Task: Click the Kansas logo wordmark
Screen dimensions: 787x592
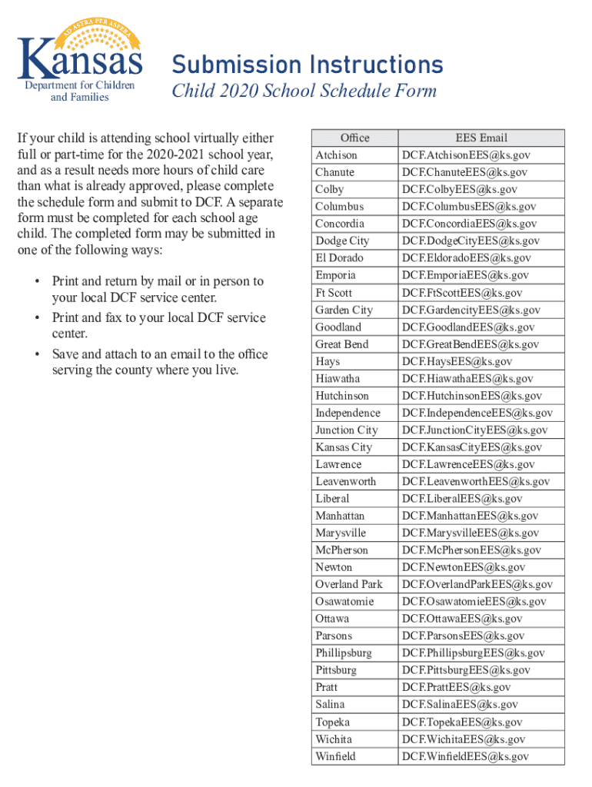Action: click(x=80, y=60)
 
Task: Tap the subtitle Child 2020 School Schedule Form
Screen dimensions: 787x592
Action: click(x=304, y=91)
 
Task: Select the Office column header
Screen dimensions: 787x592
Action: click(x=354, y=138)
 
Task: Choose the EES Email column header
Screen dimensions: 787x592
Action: click(x=481, y=138)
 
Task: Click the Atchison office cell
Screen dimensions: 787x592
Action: click(x=336, y=155)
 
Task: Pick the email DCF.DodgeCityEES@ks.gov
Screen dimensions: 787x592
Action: click(x=471, y=241)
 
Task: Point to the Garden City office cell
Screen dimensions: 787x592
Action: click(x=344, y=310)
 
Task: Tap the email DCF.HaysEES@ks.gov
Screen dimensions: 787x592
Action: click(x=457, y=361)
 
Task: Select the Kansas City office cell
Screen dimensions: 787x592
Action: click(x=343, y=447)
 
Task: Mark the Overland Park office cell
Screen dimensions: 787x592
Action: click(x=348, y=584)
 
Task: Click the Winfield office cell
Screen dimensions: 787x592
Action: click(x=335, y=756)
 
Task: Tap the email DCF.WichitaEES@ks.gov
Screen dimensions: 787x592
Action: click(x=464, y=739)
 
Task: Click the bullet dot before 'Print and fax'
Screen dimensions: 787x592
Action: click(x=37, y=318)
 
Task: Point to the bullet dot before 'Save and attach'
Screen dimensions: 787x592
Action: click(x=37, y=354)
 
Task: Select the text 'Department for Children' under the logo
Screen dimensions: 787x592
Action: click(x=80, y=85)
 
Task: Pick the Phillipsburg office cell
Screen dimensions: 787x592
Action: click(x=343, y=653)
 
